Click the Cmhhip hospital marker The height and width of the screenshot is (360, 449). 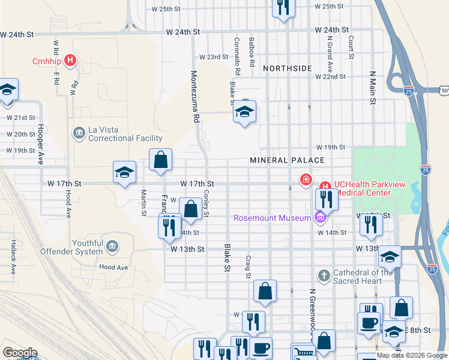(x=71, y=61)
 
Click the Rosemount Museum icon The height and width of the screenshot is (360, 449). (x=320, y=217)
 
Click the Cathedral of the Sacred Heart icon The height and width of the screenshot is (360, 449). (x=324, y=276)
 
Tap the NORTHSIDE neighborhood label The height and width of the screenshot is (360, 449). (x=288, y=68)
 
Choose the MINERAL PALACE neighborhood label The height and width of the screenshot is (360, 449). (x=288, y=160)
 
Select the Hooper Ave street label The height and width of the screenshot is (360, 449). (x=41, y=144)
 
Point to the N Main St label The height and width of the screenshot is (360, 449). (x=372, y=88)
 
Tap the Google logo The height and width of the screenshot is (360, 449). (x=20, y=353)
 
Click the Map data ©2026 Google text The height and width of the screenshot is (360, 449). (x=412, y=355)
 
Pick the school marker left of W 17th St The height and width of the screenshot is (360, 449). (x=124, y=172)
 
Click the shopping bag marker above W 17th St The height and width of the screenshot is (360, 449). (x=160, y=160)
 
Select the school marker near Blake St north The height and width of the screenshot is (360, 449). (x=244, y=112)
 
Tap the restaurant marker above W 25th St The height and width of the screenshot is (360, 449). (x=282, y=7)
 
